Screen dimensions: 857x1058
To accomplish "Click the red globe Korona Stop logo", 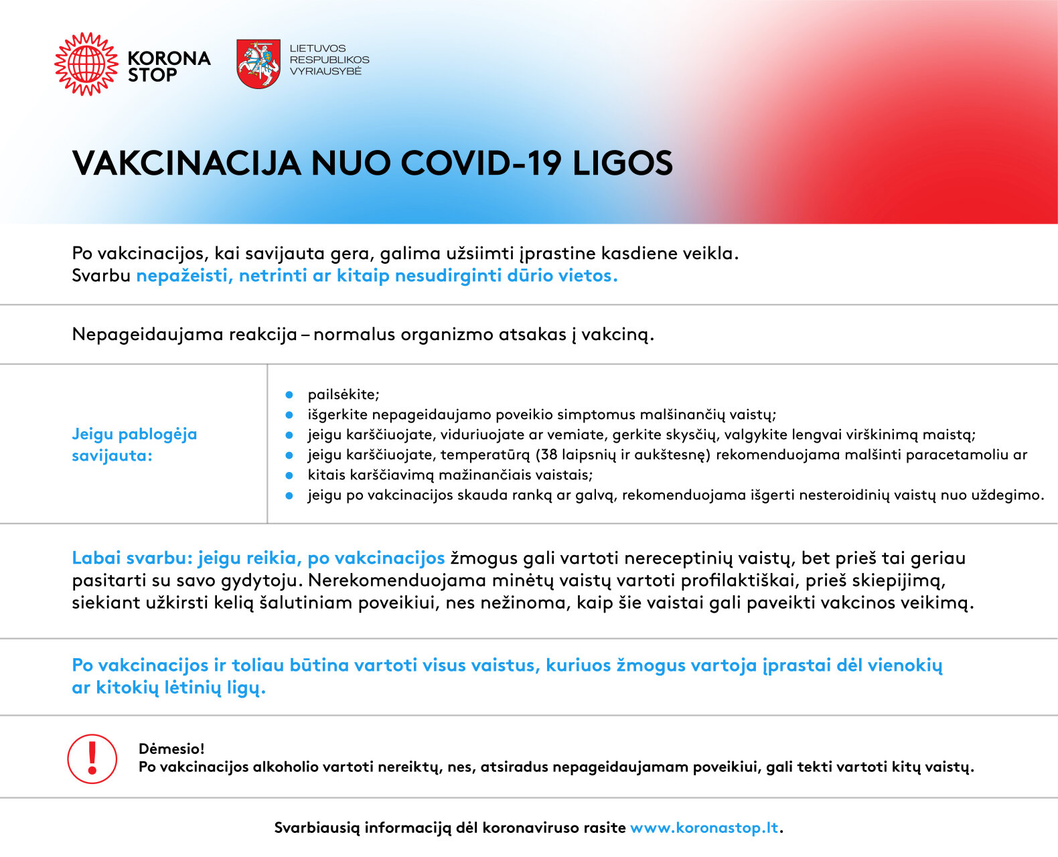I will coord(86,64).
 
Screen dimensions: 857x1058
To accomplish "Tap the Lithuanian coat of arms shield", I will coord(258,64).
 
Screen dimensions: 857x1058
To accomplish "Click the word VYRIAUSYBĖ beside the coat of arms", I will coord(325,71).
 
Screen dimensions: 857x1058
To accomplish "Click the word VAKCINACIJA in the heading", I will coord(186,163).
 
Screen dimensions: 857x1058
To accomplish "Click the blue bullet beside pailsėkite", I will coord(289,394).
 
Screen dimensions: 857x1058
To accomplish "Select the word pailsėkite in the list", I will coord(344,394).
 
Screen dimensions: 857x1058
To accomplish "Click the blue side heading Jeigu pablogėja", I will coord(134,434).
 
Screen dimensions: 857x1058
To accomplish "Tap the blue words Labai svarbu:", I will coord(132,558).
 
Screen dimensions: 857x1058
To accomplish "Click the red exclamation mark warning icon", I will coord(92,759).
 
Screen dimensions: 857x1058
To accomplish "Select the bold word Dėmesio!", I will coord(171,749).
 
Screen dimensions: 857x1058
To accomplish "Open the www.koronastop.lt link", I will coord(704,828).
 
